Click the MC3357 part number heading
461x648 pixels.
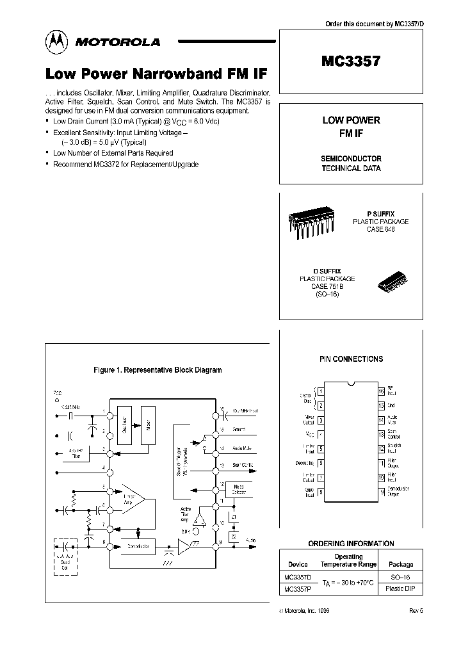click(x=351, y=61)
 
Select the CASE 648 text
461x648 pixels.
click(x=381, y=229)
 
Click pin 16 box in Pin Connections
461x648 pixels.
click(x=381, y=391)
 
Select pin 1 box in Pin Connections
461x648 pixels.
click(x=320, y=391)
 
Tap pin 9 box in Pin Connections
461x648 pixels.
click(x=381, y=492)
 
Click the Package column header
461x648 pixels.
click(x=400, y=565)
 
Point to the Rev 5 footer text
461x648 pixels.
click(x=416, y=611)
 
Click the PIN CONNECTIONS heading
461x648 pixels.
click(x=351, y=359)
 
